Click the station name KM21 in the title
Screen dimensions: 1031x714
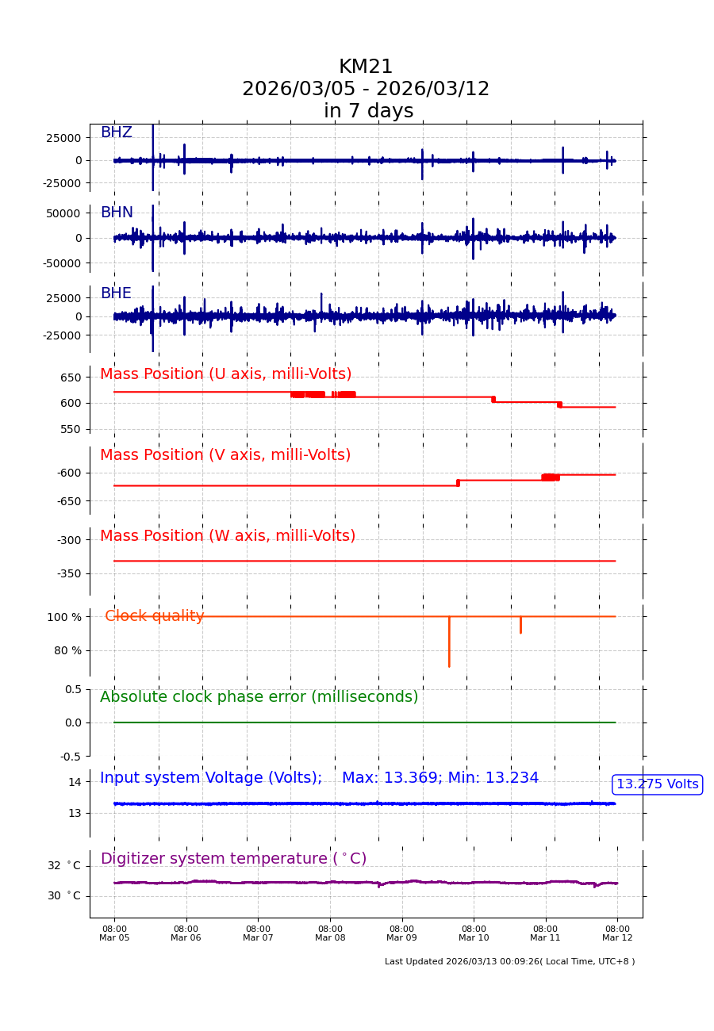point(366,67)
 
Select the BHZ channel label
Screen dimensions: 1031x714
point(116,132)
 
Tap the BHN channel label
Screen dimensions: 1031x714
point(117,213)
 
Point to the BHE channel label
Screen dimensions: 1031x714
point(116,293)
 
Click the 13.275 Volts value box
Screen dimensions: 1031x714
point(657,784)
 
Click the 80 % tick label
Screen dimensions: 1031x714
point(67,650)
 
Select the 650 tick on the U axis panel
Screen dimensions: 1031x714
point(71,378)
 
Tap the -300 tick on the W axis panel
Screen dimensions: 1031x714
point(69,540)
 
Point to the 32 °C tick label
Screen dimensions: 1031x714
point(63,866)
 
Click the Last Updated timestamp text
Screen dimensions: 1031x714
point(509,962)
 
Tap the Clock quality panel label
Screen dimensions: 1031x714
point(155,616)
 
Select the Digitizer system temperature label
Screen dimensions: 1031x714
point(233,859)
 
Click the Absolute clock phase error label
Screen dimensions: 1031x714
point(259,697)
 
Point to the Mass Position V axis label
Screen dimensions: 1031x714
point(225,455)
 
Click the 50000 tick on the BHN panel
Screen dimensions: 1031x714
point(63,213)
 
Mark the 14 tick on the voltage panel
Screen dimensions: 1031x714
point(75,782)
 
